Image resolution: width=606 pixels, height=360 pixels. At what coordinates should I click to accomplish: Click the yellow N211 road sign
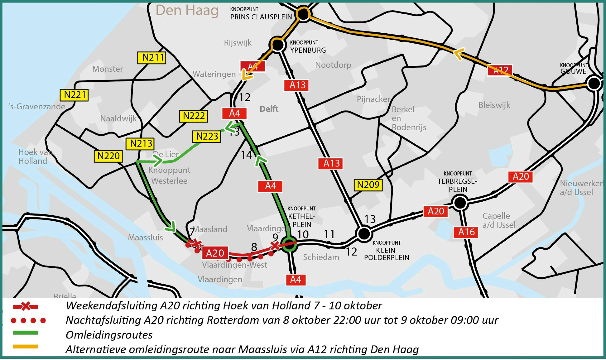(x=151, y=58)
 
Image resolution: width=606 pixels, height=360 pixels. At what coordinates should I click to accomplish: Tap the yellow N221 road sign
(x=74, y=95)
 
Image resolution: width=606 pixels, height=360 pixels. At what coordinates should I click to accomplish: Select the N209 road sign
(x=368, y=184)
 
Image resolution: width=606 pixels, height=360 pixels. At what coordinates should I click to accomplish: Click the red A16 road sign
(x=466, y=232)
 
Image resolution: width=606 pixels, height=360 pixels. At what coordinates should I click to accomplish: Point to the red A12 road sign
(x=500, y=71)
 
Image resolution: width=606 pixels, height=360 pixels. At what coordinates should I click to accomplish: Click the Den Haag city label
(x=187, y=11)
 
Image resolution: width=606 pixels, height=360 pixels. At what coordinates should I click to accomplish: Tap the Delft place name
(x=269, y=109)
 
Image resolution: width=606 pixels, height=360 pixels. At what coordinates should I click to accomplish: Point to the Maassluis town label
(x=145, y=237)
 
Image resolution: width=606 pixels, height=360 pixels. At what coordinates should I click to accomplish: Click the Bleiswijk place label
(x=494, y=105)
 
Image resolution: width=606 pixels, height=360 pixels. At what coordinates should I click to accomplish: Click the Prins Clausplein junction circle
(x=303, y=14)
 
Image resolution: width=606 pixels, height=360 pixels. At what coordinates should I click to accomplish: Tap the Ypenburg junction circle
(x=278, y=45)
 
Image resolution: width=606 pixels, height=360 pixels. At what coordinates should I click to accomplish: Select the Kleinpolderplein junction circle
(x=364, y=233)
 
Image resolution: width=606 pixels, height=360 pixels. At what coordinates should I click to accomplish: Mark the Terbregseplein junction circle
(x=460, y=203)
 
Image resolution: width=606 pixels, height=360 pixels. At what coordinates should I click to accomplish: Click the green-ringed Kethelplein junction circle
(x=289, y=244)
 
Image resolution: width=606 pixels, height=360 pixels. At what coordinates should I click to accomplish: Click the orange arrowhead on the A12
(x=459, y=54)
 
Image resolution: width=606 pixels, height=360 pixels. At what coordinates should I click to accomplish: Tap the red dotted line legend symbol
(x=28, y=320)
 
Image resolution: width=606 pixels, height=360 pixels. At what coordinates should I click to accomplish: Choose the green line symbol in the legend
(x=25, y=333)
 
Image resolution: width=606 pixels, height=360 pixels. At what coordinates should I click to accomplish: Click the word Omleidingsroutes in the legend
(x=109, y=335)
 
